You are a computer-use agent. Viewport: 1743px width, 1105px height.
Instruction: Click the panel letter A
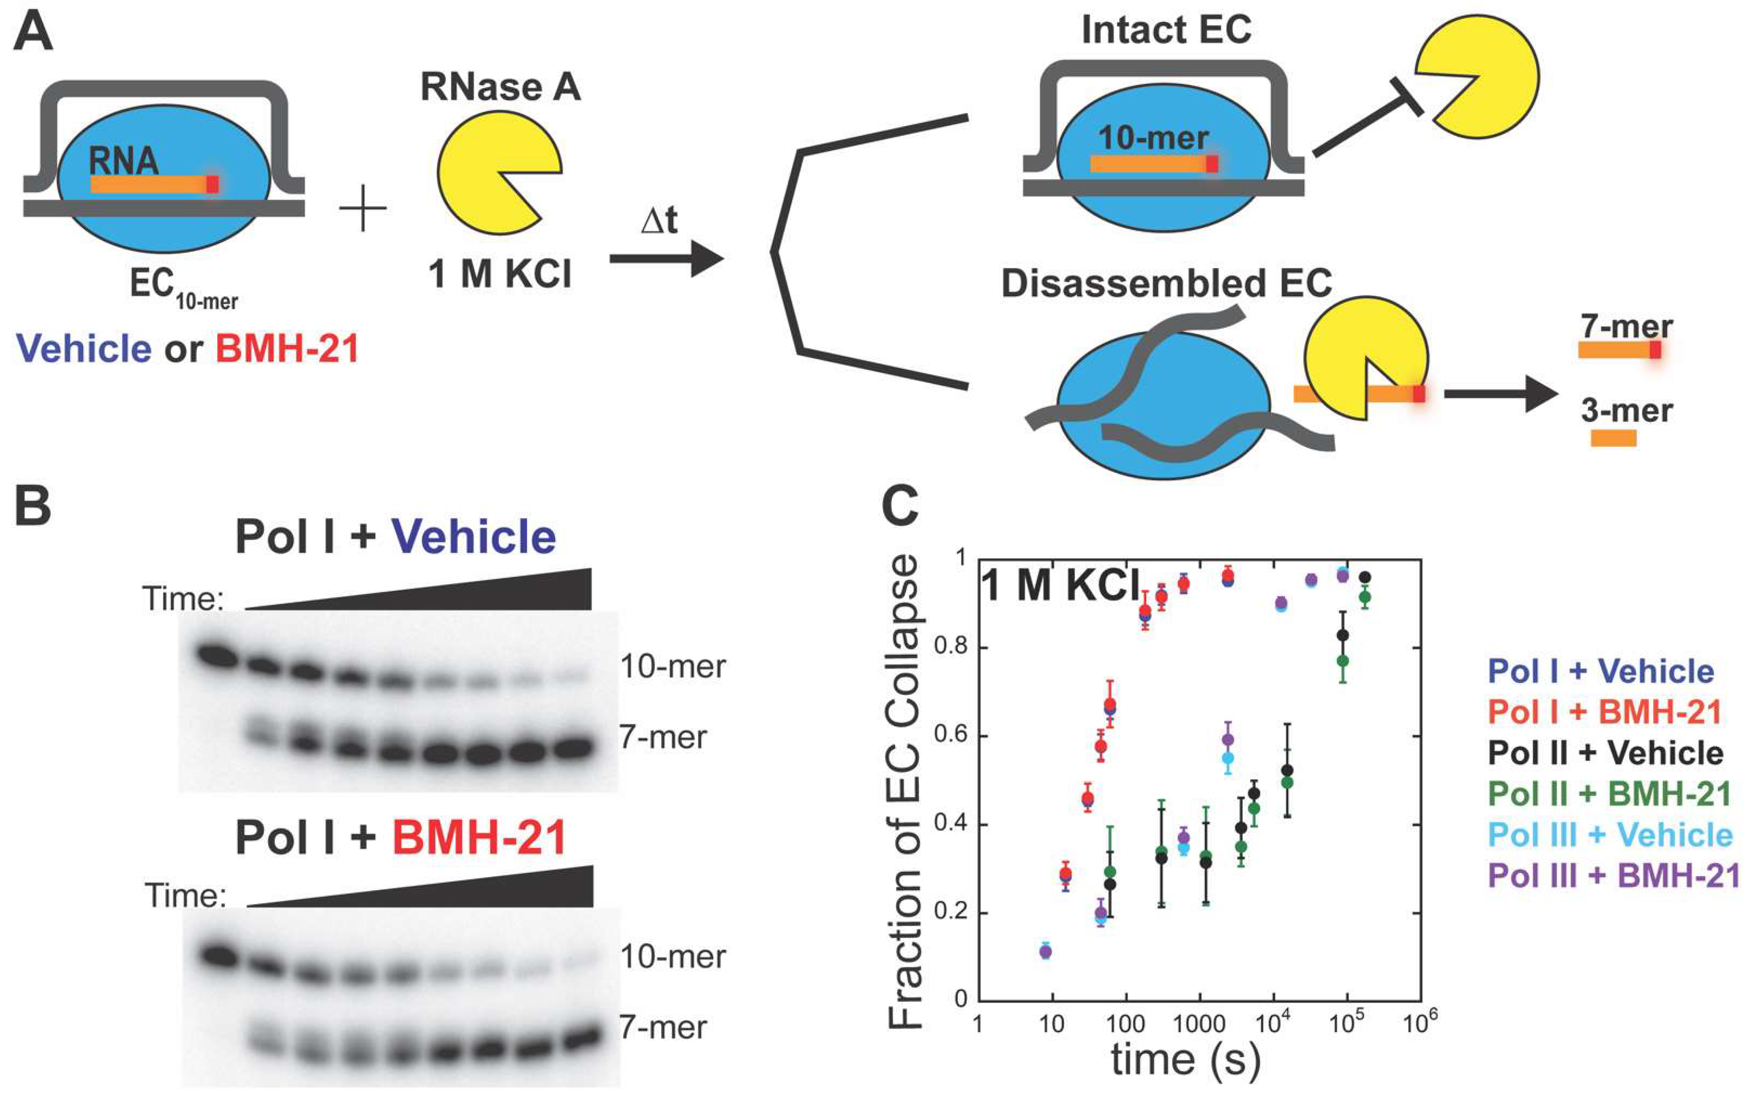click(33, 34)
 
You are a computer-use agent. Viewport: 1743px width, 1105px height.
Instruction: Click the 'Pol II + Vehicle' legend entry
click(1606, 753)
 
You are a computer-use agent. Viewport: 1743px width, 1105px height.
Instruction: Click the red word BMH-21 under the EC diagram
click(287, 349)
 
